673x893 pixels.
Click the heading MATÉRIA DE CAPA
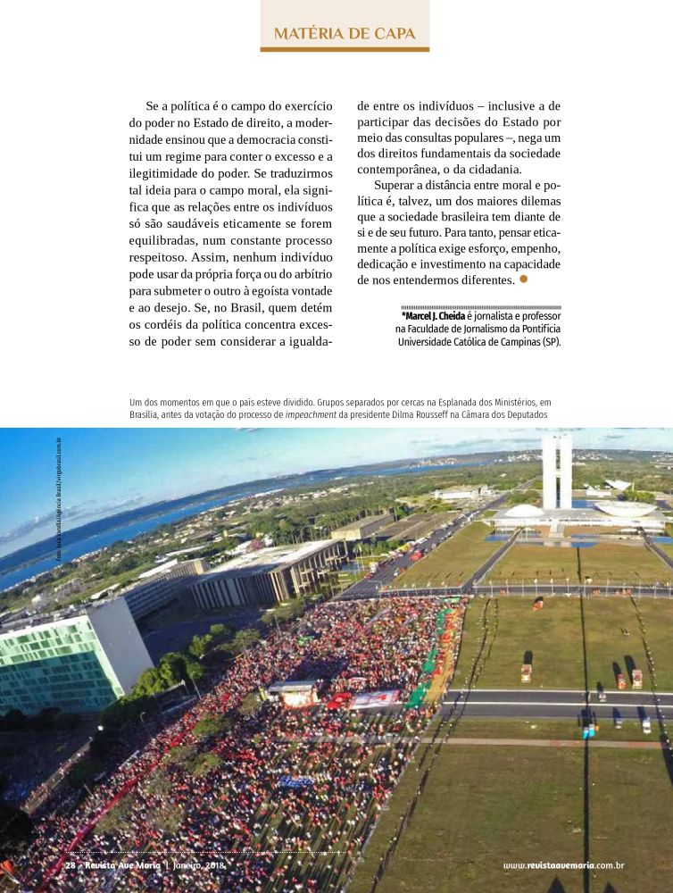345,34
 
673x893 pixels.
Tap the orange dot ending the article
524,279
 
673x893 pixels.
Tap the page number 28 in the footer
70,865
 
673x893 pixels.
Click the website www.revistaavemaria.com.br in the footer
562,865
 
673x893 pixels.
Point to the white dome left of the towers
524,512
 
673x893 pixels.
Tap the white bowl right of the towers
625,509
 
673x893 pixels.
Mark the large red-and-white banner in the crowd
375,698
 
